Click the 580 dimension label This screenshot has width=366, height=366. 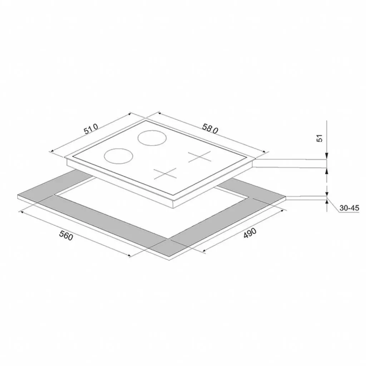click(210, 129)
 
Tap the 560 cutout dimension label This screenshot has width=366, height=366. click(66, 235)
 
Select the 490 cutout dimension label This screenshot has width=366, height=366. click(250, 233)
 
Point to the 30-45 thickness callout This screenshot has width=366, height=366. click(349, 208)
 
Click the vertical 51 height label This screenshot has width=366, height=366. click(319, 138)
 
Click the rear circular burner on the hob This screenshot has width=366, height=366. click(152, 138)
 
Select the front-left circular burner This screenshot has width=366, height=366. click(119, 156)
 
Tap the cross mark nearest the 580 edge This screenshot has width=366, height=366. click(199, 157)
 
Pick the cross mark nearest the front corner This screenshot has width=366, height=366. click(165, 173)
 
